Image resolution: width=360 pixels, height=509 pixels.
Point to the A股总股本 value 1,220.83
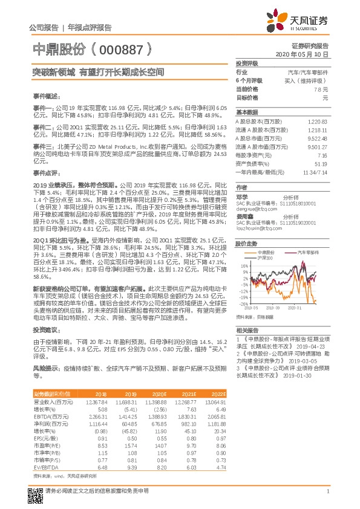318,122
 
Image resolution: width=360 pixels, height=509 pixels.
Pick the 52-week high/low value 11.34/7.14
315,172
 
